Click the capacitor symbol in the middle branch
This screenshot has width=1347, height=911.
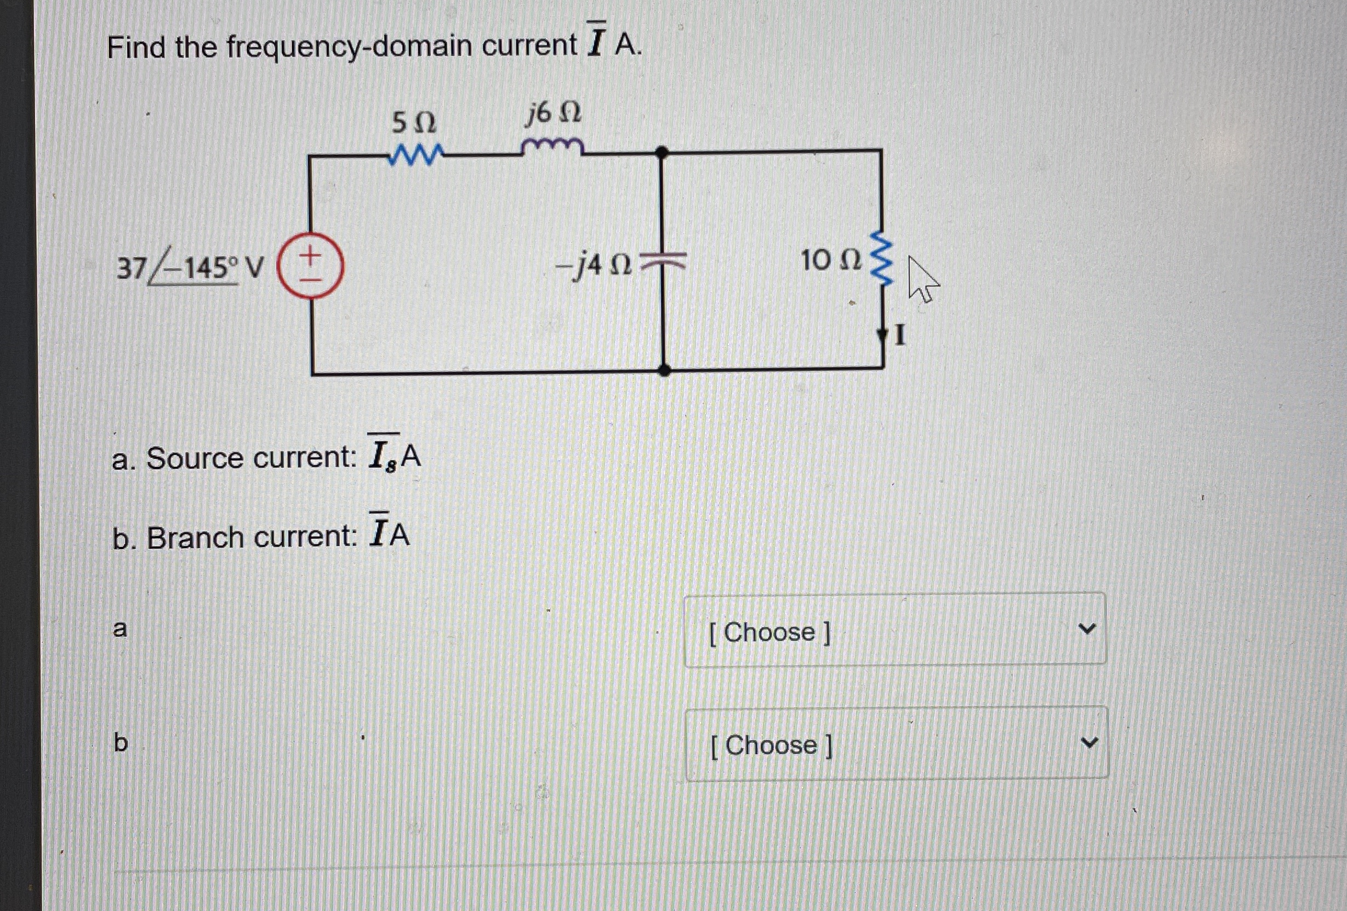(664, 262)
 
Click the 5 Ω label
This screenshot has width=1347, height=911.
(413, 122)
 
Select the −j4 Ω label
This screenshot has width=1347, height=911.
(592, 266)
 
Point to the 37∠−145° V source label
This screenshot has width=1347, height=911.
(190, 267)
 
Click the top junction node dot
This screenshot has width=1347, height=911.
(662, 152)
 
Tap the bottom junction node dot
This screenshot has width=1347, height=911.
(665, 370)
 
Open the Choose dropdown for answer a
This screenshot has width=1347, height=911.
(895, 630)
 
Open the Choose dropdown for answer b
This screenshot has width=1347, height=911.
(896, 743)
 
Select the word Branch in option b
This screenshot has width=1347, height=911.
(195, 537)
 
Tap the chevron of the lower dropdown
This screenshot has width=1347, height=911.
(1089, 742)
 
